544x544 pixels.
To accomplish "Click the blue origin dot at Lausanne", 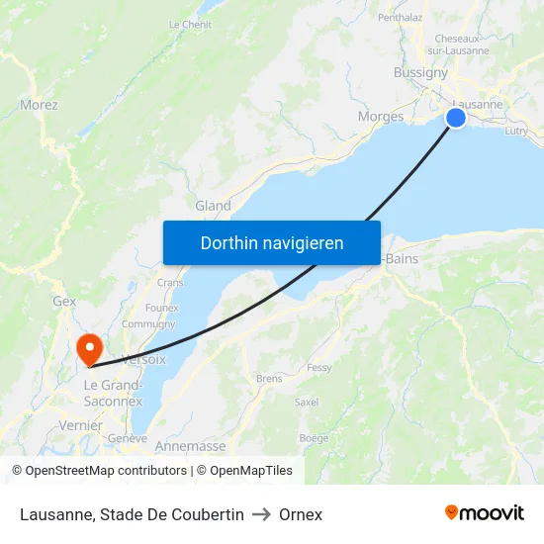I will click(456, 118).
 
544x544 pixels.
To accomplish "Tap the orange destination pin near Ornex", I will click(89, 347).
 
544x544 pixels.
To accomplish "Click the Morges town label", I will click(380, 117).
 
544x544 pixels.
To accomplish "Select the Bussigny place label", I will click(420, 72).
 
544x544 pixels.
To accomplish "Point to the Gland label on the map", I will click(213, 206).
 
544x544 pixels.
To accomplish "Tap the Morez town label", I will click(39, 104).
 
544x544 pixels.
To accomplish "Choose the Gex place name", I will click(64, 301).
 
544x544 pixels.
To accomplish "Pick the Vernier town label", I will click(81, 425).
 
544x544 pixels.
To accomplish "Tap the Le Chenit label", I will click(190, 24).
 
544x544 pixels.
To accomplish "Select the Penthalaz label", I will click(401, 17).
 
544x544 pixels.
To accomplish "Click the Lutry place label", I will click(516, 130).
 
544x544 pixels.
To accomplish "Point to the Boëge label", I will click(314, 438).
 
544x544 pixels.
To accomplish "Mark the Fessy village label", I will click(318, 367).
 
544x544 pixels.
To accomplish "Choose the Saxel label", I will click(307, 403).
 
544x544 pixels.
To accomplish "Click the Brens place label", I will click(268, 378).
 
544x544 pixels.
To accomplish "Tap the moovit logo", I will click(485, 513).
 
